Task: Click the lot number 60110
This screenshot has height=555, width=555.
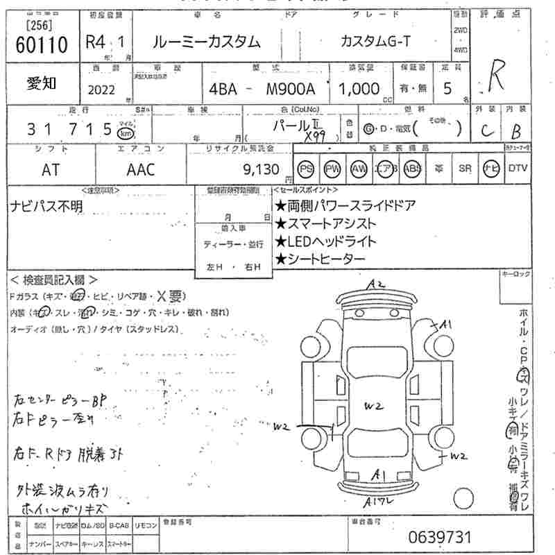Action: click(42, 46)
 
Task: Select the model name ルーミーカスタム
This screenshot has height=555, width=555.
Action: click(207, 42)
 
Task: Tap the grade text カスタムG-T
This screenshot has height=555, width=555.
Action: click(375, 42)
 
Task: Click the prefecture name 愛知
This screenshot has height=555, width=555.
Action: click(42, 83)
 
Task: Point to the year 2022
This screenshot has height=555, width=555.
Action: click(103, 89)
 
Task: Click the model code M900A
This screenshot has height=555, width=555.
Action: click(291, 89)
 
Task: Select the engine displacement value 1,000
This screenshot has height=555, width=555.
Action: click(359, 89)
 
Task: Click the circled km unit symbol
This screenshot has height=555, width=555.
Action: click(126, 130)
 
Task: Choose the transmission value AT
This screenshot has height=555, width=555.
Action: click(51, 169)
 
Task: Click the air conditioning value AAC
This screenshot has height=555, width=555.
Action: click(141, 169)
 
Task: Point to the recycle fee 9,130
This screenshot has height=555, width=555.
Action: click(261, 169)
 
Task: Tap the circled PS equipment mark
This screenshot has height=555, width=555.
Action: click(306, 169)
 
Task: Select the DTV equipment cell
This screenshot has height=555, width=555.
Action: click(518, 168)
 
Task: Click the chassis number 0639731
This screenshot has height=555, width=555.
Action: click(439, 537)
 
